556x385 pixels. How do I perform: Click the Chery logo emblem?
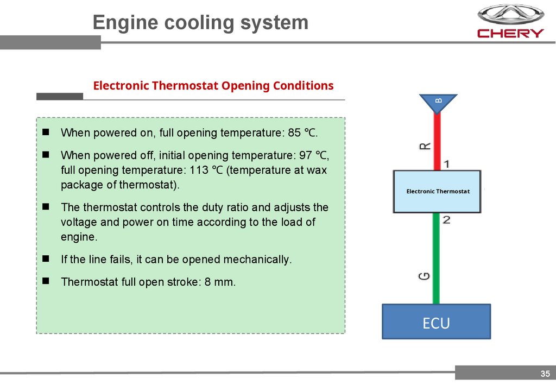coord(510,14)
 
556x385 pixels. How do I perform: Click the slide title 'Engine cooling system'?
coord(200,22)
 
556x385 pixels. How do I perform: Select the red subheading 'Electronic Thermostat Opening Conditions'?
coord(213,86)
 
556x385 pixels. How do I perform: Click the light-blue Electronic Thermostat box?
coord(437,191)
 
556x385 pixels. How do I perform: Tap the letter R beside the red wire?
coord(426,146)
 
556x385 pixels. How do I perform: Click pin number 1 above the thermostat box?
coord(446,163)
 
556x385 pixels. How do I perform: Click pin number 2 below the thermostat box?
coord(446,219)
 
